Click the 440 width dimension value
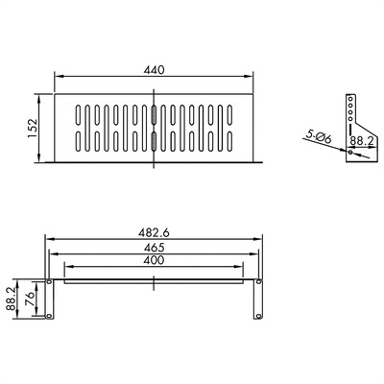click(x=155, y=69)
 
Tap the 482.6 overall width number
click(x=155, y=232)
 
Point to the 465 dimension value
click(x=155, y=248)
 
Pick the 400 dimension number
click(x=155, y=261)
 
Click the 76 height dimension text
click(x=31, y=300)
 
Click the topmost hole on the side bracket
click(x=351, y=98)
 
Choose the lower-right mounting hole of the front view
click(x=260, y=315)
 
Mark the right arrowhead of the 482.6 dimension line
click(x=264, y=240)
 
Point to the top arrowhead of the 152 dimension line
click(x=38, y=95)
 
